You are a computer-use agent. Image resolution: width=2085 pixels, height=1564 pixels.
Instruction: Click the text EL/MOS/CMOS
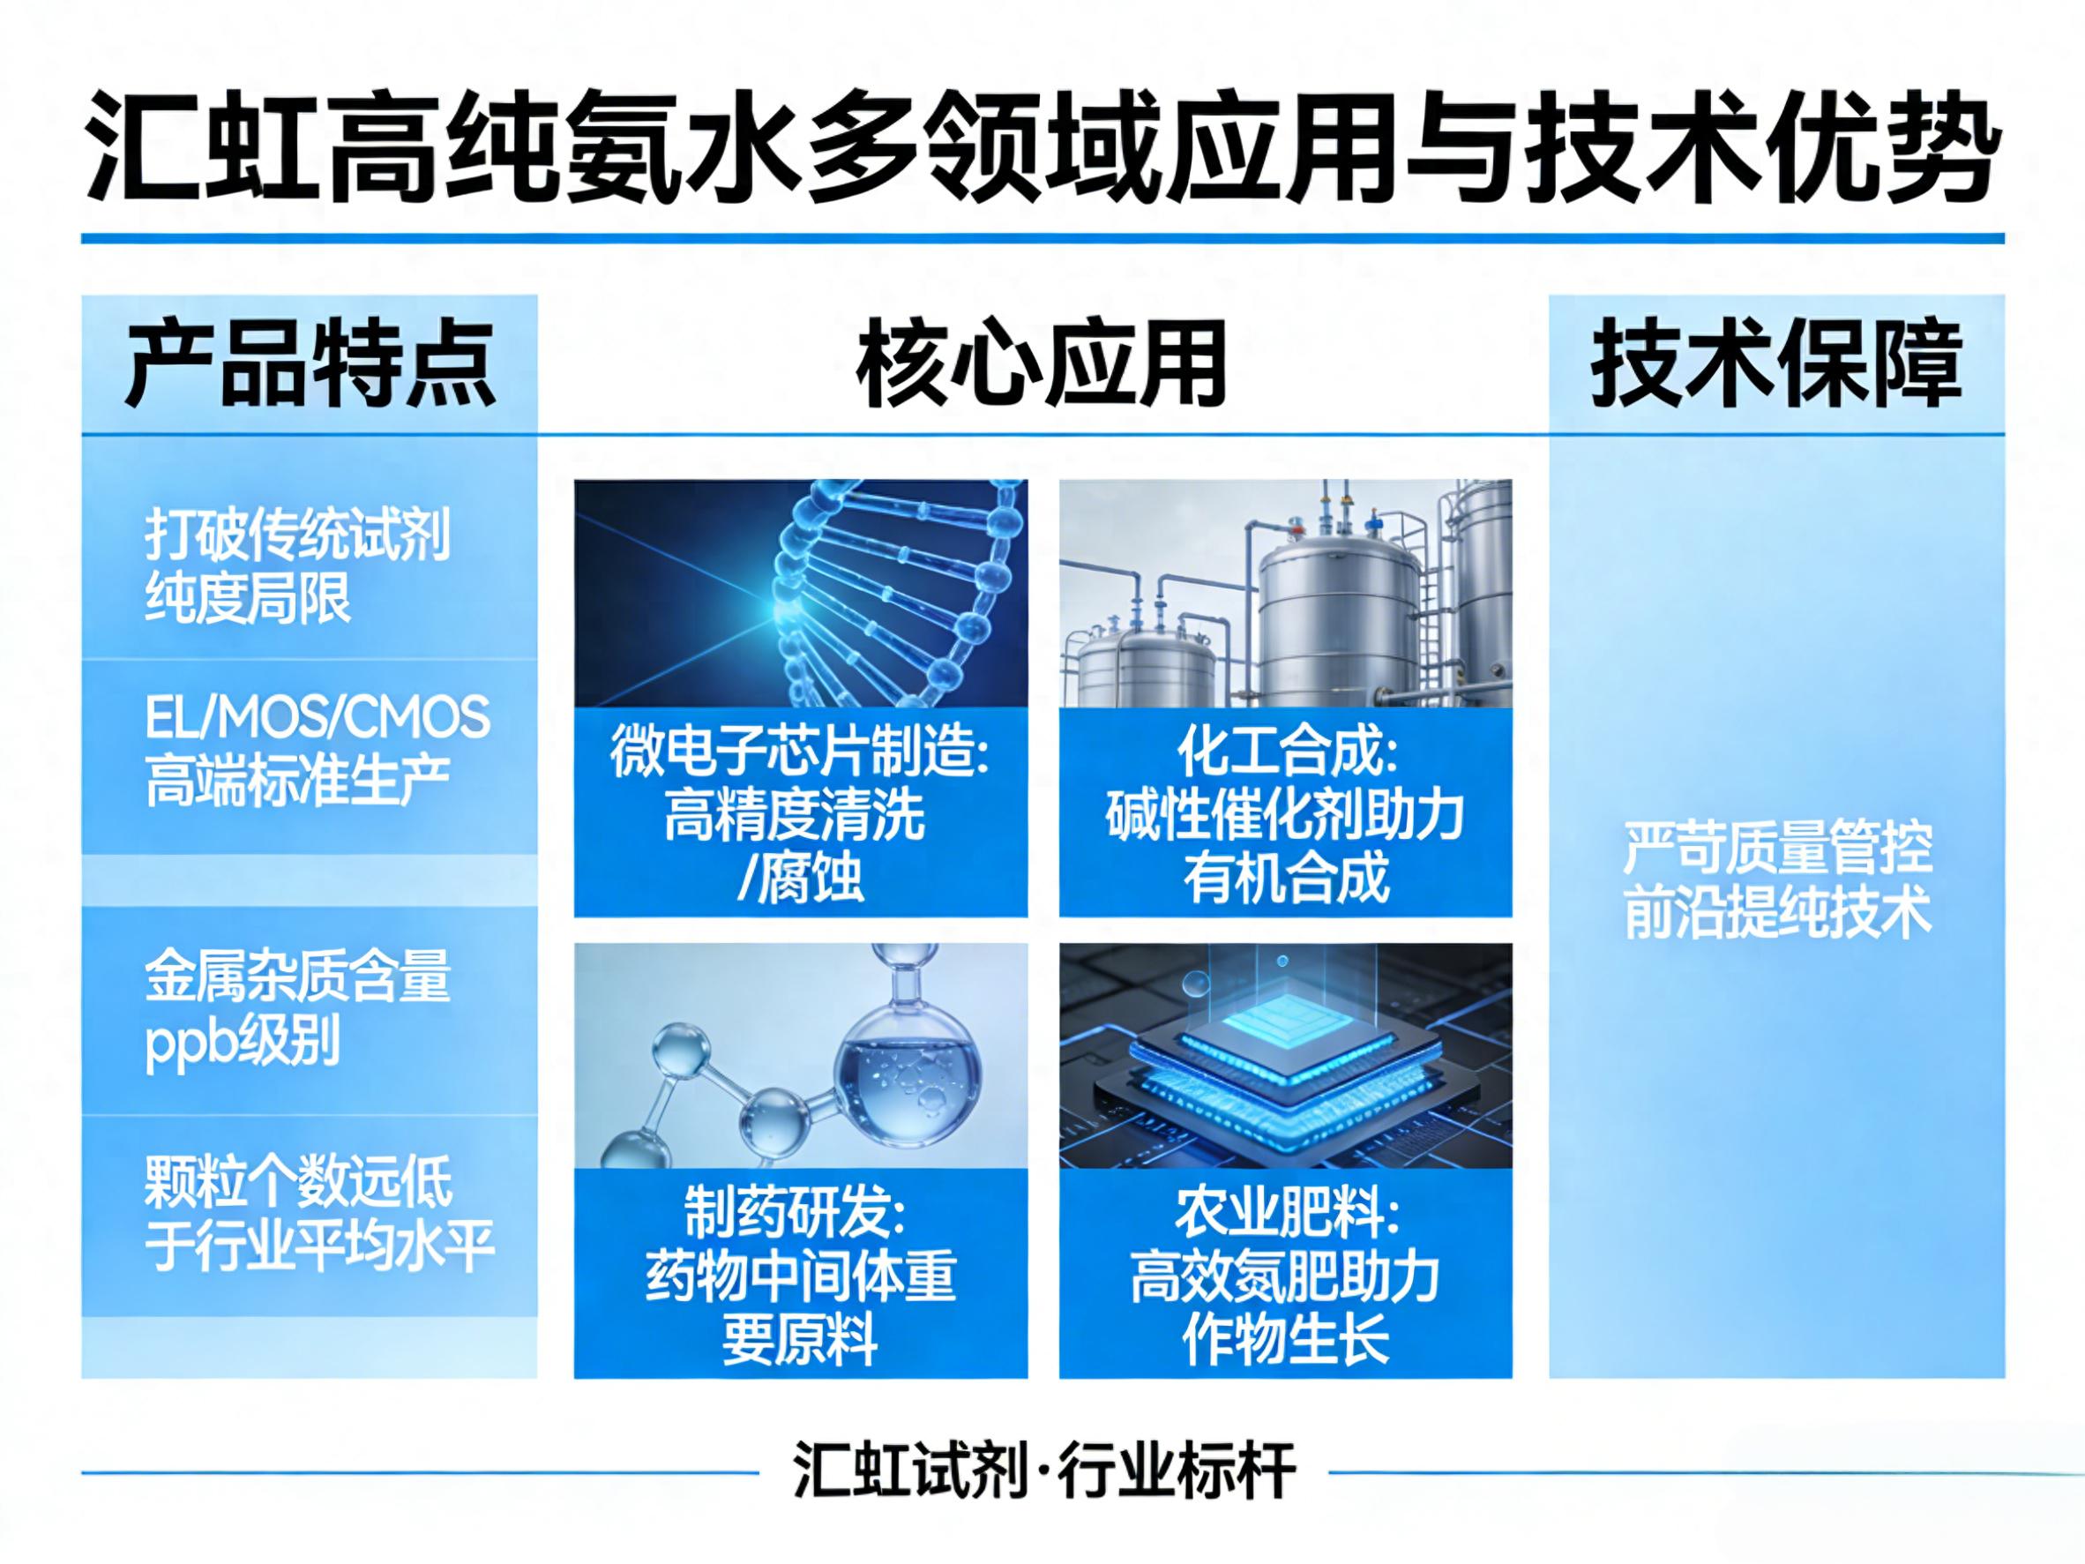pos(318,717)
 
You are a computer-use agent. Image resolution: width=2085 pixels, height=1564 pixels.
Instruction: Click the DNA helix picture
pos(800,593)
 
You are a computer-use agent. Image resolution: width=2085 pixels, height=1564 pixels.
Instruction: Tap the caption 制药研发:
pos(795,1213)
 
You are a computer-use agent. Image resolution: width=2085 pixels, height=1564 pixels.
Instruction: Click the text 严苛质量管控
pos(1778,849)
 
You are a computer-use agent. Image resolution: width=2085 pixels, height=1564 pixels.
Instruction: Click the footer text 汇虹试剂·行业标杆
pos(1043,1470)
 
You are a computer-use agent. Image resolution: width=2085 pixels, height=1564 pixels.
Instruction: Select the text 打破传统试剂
pos(298,535)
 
